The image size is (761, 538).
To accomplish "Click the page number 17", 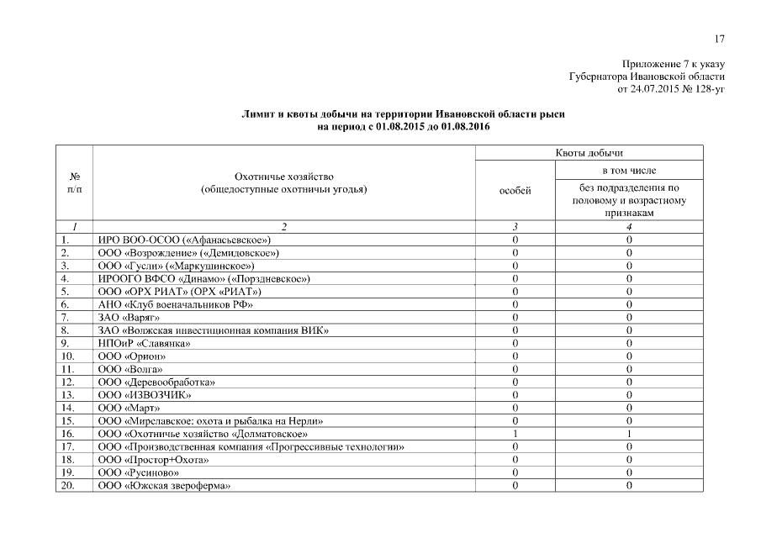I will [x=719, y=38].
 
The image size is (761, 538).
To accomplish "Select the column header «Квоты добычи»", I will [x=589, y=153].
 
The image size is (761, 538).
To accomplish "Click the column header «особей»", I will [x=515, y=191].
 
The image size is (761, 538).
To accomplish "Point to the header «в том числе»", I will [x=629, y=171].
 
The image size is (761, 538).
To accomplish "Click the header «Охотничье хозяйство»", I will [x=284, y=177].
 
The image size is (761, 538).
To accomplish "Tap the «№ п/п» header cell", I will [x=74, y=183].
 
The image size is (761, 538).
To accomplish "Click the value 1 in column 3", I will [x=515, y=434].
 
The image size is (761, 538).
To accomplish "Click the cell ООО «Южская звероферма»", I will [x=164, y=486].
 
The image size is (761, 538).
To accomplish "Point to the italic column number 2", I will [x=284, y=227].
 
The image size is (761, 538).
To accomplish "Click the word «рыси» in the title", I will [x=552, y=113].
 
